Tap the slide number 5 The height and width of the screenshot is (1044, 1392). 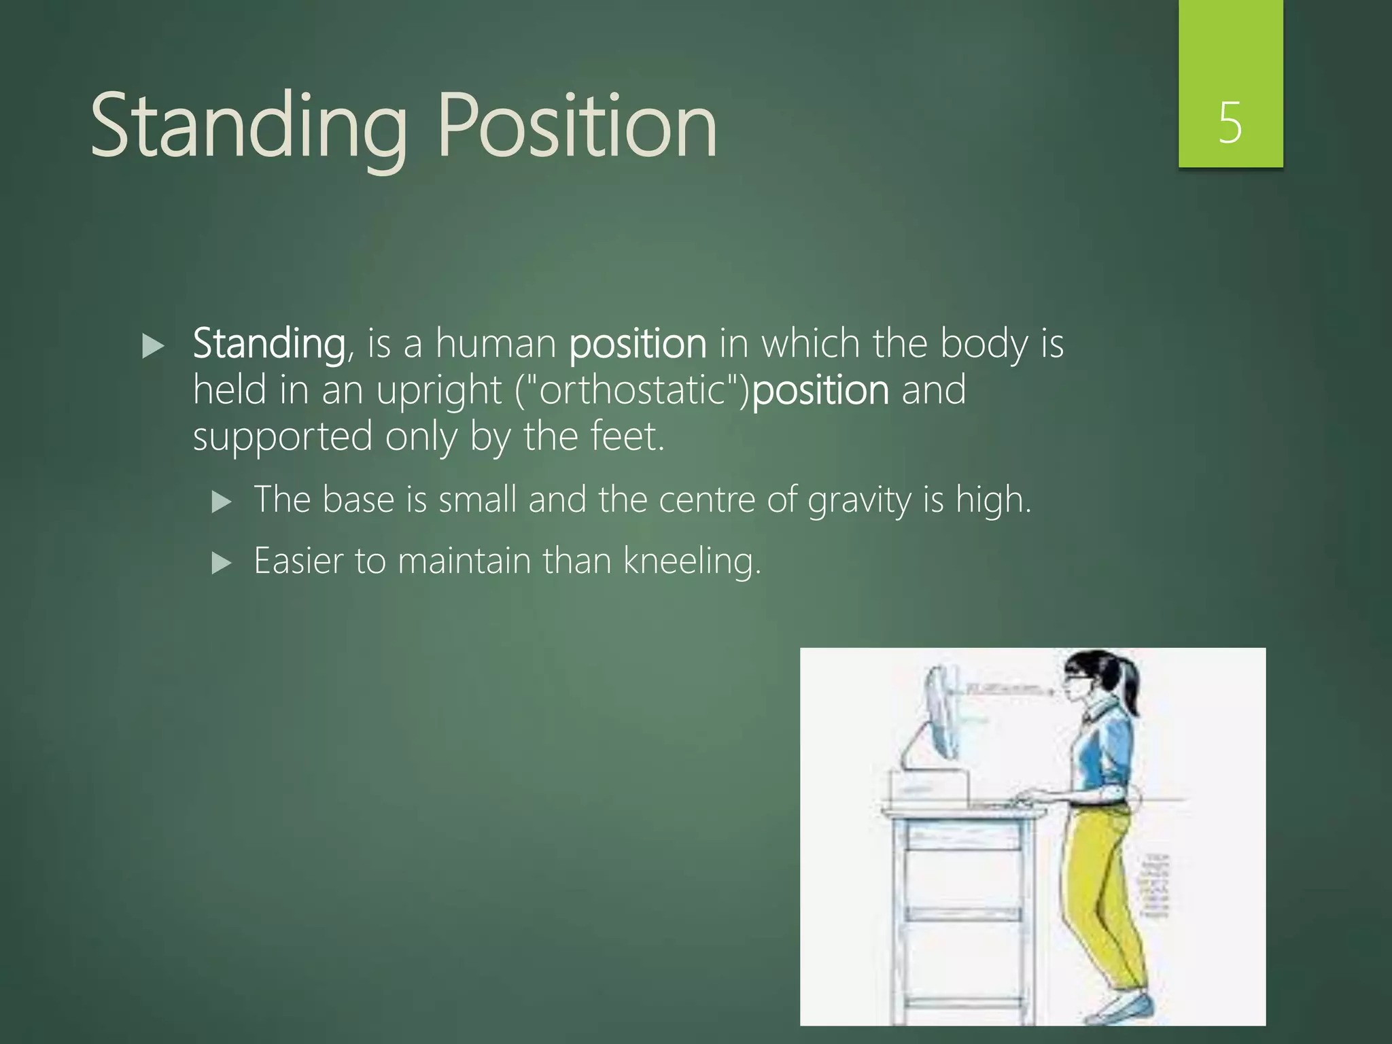click(1230, 123)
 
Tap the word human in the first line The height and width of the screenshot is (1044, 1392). click(495, 344)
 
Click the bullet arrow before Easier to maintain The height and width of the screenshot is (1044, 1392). click(222, 563)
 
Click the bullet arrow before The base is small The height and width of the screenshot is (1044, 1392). click(222, 502)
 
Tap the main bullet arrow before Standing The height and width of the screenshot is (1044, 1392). click(154, 347)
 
